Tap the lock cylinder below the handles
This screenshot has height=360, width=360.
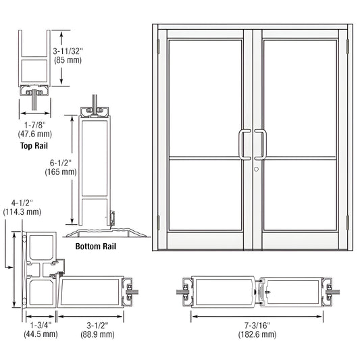[257, 168]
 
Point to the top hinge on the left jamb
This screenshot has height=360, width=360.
[157, 47]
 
